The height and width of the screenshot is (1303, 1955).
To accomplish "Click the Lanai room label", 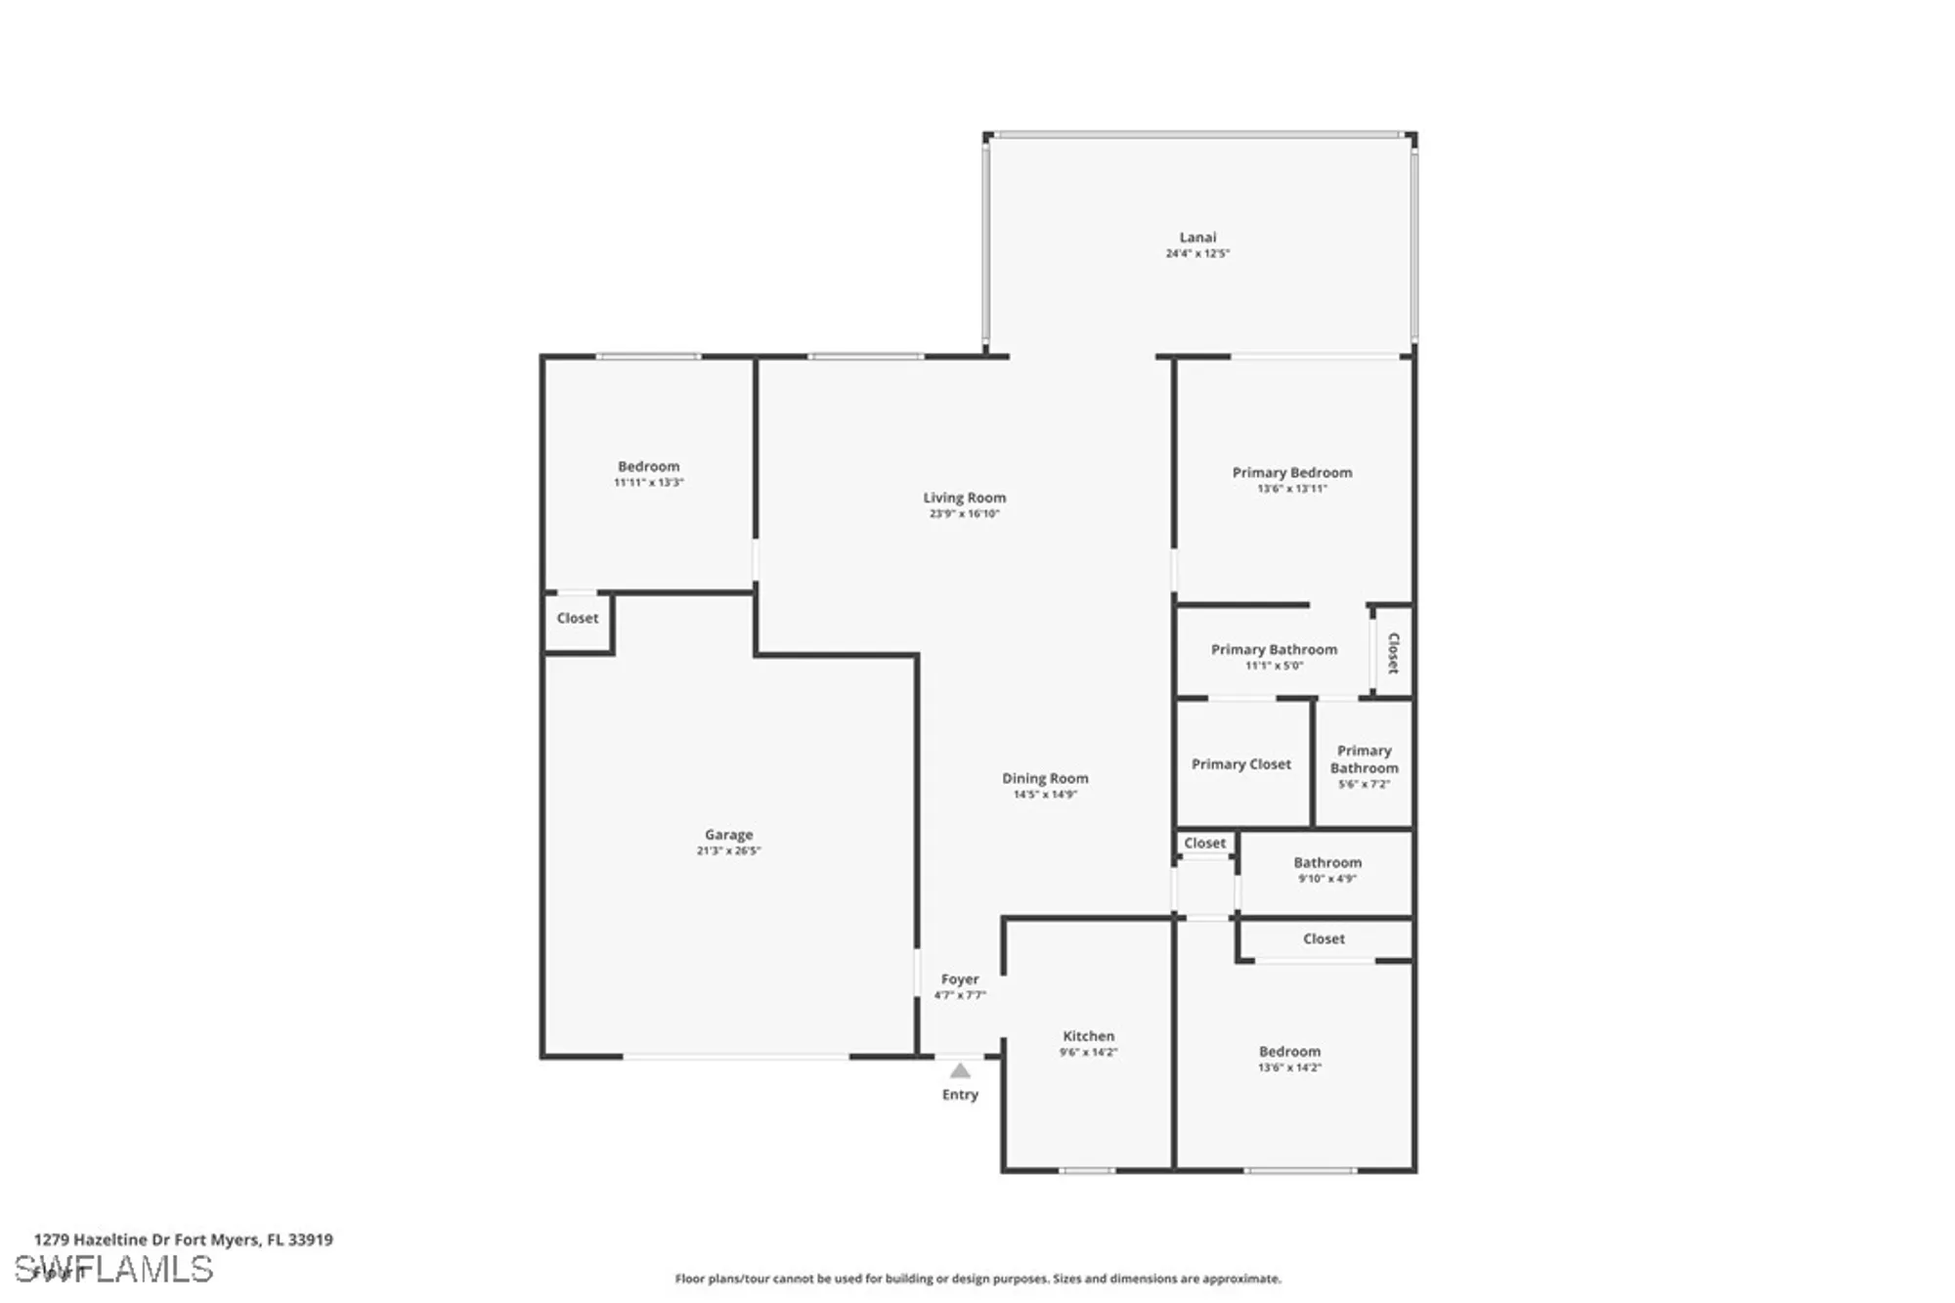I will [x=1197, y=238].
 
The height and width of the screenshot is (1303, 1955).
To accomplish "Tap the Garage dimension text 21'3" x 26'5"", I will [x=728, y=850].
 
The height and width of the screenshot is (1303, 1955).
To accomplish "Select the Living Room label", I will [x=964, y=498].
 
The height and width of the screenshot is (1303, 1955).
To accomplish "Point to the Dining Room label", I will [x=1045, y=778].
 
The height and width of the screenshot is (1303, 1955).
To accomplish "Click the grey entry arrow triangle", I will [x=960, y=1070].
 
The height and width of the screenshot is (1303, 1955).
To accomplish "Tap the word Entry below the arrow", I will [x=960, y=1095].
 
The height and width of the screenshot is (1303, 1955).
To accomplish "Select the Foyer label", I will [x=960, y=978].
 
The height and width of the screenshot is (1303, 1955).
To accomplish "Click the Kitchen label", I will [x=1088, y=1036].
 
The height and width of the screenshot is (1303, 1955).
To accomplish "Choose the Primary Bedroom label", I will [x=1291, y=472].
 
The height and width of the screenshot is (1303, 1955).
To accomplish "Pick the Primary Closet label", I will [x=1240, y=764].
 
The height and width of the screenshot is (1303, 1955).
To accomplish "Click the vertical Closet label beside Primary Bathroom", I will [x=1393, y=652].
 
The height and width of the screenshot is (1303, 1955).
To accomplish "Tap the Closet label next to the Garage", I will [x=577, y=618].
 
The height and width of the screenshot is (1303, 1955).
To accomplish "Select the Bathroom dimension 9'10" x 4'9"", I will [x=1326, y=879].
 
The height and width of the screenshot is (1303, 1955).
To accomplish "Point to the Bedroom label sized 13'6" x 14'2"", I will [x=1289, y=1052].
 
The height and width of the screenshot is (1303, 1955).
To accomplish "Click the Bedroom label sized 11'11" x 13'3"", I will [x=648, y=466].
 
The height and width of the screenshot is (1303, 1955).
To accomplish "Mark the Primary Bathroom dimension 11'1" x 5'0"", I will [x=1274, y=666].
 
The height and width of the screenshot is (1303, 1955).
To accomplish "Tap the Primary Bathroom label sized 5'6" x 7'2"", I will [x=1364, y=760].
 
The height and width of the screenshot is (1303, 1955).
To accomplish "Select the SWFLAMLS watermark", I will [x=113, y=1269].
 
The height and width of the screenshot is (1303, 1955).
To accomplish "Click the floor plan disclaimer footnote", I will [x=977, y=1279].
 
